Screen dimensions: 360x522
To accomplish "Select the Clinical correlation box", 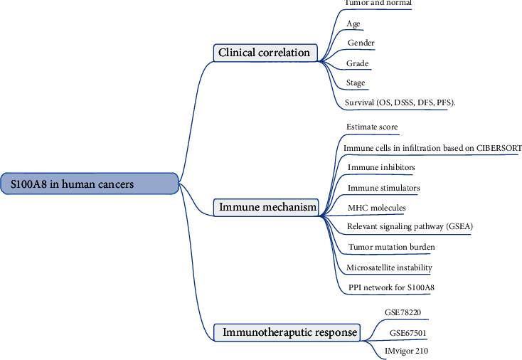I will click(x=264, y=52).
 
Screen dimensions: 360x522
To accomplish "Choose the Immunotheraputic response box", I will click(x=286, y=332).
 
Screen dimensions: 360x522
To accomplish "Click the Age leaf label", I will click(x=353, y=23).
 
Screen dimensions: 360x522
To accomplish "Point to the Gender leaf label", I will click(x=361, y=43).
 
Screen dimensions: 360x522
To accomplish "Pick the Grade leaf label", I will click(x=357, y=63).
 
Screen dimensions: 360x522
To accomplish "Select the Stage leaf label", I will click(x=356, y=83).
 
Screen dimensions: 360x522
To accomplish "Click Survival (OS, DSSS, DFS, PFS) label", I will click(x=400, y=102).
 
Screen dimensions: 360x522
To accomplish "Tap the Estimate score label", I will click(x=371, y=127).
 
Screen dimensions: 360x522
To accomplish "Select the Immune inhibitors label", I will click(x=381, y=167).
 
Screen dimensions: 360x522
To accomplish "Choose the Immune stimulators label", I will click(x=383, y=188).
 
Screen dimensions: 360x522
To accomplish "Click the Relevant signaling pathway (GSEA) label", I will click(x=410, y=227).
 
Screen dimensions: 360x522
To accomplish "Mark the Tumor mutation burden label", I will click(x=391, y=247).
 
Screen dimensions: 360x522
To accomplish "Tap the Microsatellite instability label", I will click(x=389, y=268).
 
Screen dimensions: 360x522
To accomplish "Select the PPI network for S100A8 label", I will click(x=391, y=287).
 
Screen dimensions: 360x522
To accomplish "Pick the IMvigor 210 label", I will click(x=403, y=351).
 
